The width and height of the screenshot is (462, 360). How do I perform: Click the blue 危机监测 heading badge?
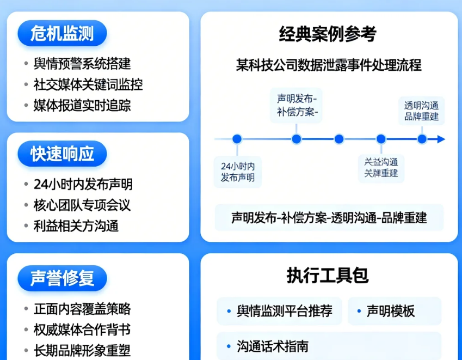point(63,34)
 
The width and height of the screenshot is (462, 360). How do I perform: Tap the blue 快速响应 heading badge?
point(63,154)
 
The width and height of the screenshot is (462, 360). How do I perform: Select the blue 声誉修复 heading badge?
point(63,278)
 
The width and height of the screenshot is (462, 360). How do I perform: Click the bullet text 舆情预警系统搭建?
point(82,64)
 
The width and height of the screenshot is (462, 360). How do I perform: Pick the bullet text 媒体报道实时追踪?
point(82,105)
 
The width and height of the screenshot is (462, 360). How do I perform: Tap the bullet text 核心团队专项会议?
point(82,205)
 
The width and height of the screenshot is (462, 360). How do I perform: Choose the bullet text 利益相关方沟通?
point(76,225)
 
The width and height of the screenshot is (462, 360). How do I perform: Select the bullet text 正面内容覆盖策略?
point(82,309)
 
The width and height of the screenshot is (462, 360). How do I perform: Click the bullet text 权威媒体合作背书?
point(82,330)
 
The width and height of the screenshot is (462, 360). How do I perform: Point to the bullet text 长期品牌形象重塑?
point(82,350)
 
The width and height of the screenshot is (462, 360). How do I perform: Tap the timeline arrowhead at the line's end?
point(440,139)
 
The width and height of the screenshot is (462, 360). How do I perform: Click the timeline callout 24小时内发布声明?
point(238,171)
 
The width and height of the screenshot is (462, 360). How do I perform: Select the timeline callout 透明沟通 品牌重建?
point(422,111)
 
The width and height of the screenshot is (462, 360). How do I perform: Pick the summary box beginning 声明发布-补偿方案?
point(329,218)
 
